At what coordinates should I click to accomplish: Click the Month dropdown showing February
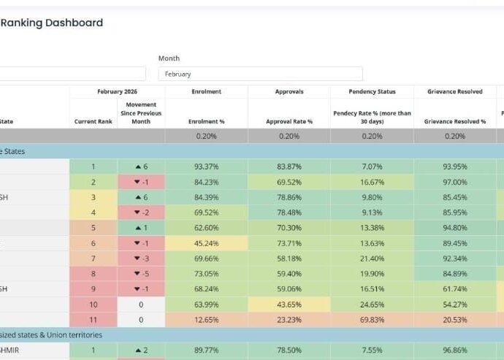tap(260, 74)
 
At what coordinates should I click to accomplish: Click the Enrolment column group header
tap(206, 92)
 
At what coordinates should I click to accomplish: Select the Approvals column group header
tap(289, 92)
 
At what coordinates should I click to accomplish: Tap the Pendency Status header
tap(372, 92)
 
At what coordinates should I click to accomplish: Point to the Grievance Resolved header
tap(454, 92)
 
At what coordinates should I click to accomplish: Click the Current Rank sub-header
tap(93, 121)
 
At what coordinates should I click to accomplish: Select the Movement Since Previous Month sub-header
tap(141, 113)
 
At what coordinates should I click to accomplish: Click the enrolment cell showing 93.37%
tap(207, 166)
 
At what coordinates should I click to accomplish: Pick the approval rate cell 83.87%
tap(289, 166)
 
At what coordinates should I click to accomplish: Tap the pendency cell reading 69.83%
tap(372, 319)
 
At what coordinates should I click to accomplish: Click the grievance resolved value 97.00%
tap(454, 182)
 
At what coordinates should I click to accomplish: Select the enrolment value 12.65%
tap(207, 319)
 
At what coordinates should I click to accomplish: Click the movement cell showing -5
tap(141, 274)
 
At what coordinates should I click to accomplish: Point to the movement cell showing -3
tap(141, 258)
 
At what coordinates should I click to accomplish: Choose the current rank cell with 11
tap(93, 319)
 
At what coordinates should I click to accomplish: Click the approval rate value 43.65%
tap(289, 304)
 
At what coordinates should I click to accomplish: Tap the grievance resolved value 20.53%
tap(454, 319)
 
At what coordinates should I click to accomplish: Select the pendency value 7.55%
tap(372, 351)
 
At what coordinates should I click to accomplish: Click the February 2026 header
tap(117, 92)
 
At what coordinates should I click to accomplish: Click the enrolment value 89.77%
tap(207, 351)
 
